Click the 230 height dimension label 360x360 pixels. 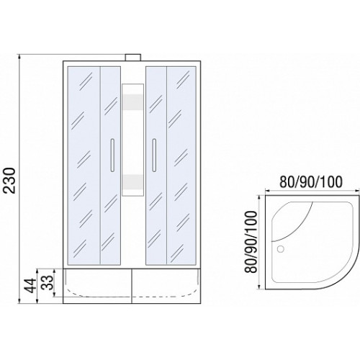[10, 181]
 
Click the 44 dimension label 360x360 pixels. [31, 286]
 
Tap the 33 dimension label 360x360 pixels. [47, 282]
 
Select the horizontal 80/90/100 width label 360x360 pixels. [311, 182]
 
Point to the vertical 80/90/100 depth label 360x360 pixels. [251, 242]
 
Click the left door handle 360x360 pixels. [112, 155]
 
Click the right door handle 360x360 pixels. [154, 155]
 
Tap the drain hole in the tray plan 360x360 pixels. [280, 249]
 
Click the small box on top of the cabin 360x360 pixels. [133, 58]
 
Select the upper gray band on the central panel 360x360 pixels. [132, 102]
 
